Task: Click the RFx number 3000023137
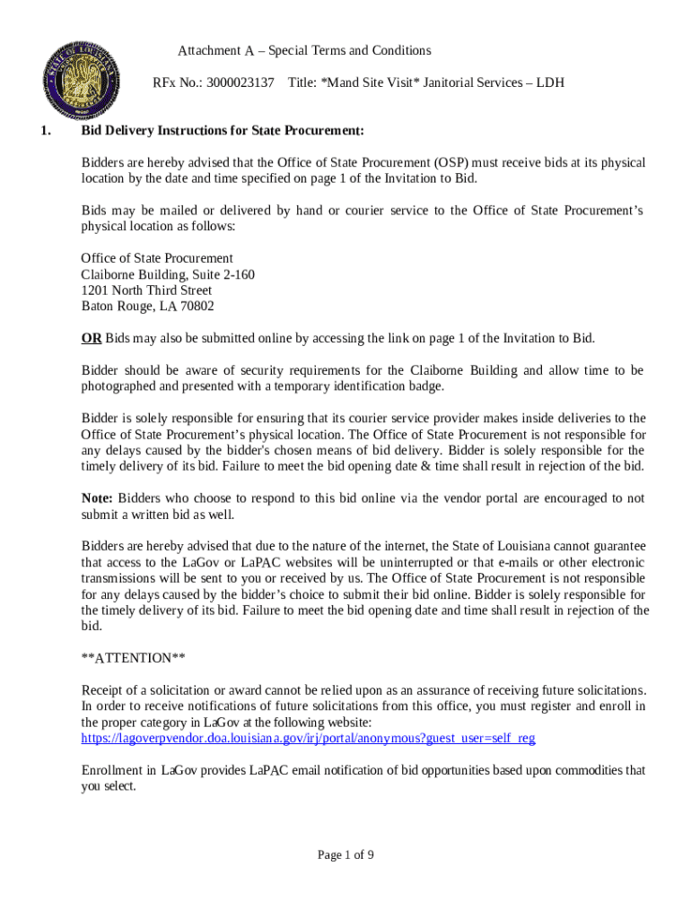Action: pos(240,82)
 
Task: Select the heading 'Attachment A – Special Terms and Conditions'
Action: pos(304,50)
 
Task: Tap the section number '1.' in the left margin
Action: pos(45,131)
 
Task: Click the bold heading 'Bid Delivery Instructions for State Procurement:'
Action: pos(223,131)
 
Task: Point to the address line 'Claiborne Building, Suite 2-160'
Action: pos(168,274)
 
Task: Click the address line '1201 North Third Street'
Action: pos(146,290)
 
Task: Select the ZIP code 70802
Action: pos(197,307)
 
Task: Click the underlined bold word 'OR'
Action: pos(92,338)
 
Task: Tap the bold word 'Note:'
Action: pos(97,498)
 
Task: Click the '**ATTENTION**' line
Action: pos(134,658)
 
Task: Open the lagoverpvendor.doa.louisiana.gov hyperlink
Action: pos(308,738)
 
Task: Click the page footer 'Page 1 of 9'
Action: pos(345,854)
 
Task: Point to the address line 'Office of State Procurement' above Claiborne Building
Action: pos(157,258)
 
